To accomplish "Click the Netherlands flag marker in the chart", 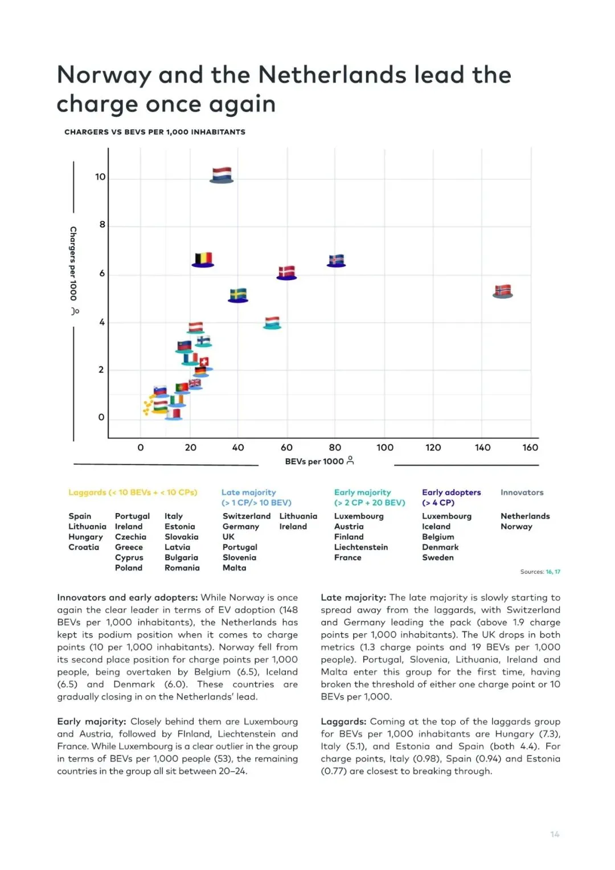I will point(222,175).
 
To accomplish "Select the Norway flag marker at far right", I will point(502,291).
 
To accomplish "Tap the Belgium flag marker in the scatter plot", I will point(203,260).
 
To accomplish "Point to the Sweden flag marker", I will point(238,295).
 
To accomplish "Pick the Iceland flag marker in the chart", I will point(337,260).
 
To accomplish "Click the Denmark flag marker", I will point(286,272).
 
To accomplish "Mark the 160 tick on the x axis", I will point(530,448).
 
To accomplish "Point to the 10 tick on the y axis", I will point(100,177).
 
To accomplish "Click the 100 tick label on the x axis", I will point(385,448).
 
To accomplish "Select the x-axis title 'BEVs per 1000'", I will point(314,461).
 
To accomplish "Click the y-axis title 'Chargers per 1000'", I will point(73,263).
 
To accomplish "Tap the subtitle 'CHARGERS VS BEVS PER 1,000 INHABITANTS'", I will point(155,132).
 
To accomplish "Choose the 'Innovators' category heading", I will point(522,493).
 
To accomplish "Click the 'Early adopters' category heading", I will point(451,493).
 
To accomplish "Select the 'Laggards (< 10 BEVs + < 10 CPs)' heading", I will point(133,493).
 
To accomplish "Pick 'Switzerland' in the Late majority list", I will point(247,516).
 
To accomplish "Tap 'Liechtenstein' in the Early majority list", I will point(361,547).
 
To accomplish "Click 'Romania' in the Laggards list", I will point(182,568).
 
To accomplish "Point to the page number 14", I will point(555,834).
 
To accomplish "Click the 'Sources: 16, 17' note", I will point(540,572).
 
